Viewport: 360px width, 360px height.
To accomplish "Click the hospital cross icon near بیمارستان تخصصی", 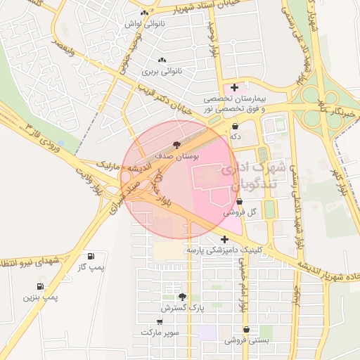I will pyautogui.click(x=234, y=87).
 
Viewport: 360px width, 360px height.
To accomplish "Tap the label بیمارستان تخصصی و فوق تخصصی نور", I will pyautogui.click(x=234, y=105).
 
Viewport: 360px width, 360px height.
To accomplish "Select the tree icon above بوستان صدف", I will pyautogui.click(x=176, y=144).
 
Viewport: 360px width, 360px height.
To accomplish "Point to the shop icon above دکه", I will pyautogui.click(x=234, y=127).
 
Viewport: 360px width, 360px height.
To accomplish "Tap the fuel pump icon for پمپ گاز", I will pyautogui.click(x=90, y=256).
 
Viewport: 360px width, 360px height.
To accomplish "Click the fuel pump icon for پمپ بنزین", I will pyautogui.click(x=40, y=286).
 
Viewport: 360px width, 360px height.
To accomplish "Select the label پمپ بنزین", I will pyautogui.click(x=41, y=298).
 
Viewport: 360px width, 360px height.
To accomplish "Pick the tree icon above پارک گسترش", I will pyautogui.click(x=183, y=297).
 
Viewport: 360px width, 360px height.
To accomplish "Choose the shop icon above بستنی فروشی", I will pyautogui.click(x=246, y=329).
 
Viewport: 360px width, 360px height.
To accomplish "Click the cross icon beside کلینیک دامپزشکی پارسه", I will pyautogui.click(x=224, y=238).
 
